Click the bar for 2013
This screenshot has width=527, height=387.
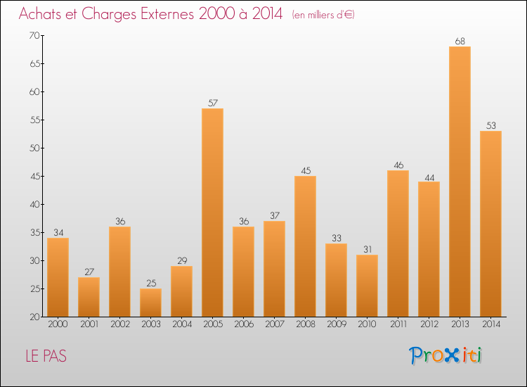coord(460,182)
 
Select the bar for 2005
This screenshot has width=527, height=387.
coord(212,212)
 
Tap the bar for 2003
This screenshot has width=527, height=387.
coord(150,303)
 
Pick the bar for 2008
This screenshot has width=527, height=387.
coord(305,246)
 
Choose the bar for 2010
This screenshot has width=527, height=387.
coord(367,286)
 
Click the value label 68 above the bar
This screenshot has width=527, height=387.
coord(460,41)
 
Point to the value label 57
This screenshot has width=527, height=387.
coord(212,103)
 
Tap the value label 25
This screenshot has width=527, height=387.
coord(150,283)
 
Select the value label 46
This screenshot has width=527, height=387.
coord(398,165)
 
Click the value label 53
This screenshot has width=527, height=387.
coord(490,125)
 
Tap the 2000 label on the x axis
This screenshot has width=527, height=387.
coord(58,324)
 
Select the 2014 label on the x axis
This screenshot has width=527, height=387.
coord(490,324)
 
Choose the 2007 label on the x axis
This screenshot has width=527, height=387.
coord(274,324)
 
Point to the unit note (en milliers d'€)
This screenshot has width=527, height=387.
coord(323,15)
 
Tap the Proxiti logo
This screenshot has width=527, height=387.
coord(445,355)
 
